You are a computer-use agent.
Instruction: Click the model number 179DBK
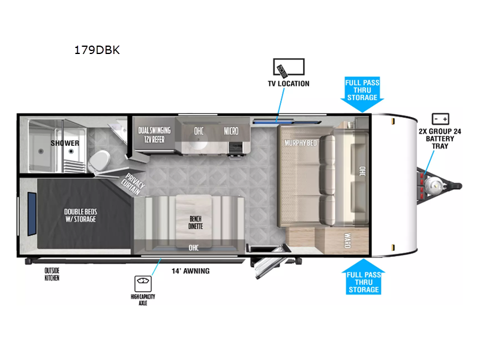tap(97, 50)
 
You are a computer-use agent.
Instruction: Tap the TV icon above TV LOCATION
tap(289, 67)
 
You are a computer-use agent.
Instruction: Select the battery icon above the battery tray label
tap(440, 119)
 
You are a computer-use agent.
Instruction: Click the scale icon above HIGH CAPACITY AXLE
tap(143, 284)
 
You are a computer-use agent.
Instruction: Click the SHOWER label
tap(65, 143)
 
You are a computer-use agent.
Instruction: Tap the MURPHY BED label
tap(301, 143)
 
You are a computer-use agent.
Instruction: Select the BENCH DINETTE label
tap(196, 223)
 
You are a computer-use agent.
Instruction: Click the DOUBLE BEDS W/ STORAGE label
tap(80, 215)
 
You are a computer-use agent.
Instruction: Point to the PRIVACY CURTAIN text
tap(133, 184)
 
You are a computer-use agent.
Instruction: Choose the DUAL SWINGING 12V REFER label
tap(154, 135)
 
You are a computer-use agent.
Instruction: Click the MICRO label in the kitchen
tap(231, 131)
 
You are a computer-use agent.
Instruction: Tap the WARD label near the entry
tap(347, 241)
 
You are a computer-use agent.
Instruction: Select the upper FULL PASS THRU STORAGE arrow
tap(362, 94)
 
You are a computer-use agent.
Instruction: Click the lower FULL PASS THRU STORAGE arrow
tap(364, 277)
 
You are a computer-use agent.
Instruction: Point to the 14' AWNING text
tap(190, 271)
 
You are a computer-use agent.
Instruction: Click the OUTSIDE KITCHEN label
tap(52, 274)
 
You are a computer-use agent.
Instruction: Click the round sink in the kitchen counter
tap(198, 139)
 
